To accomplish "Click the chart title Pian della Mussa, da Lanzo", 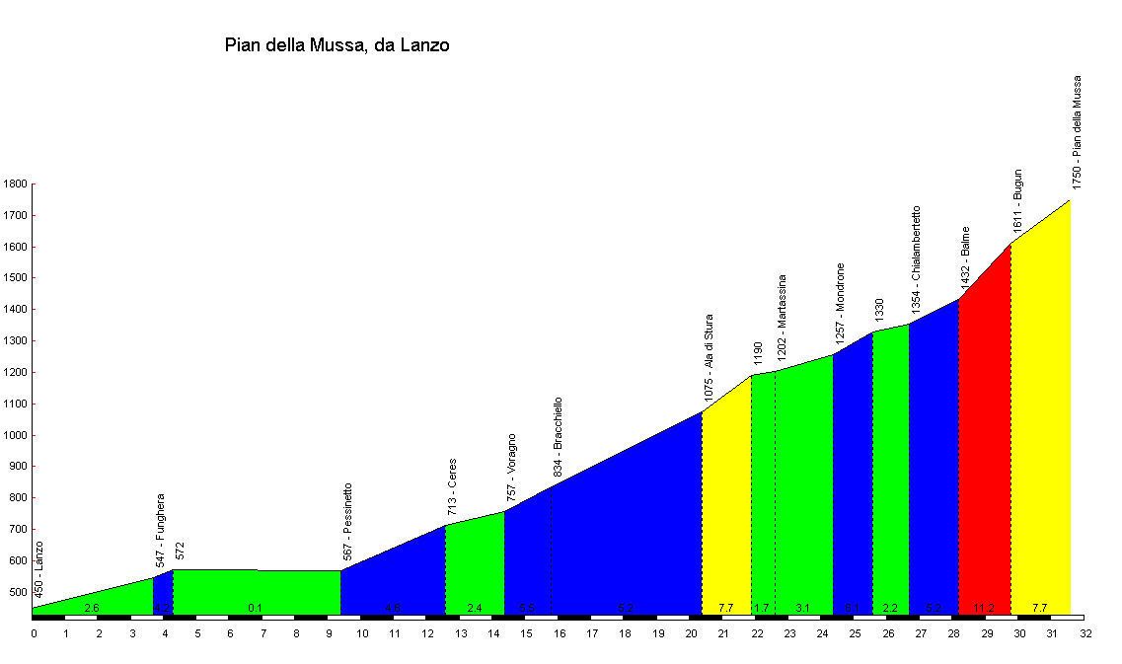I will click(x=337, y=44).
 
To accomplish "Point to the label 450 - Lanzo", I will click(x=39, y=569).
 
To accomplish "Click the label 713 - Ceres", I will click(x=452, y=487).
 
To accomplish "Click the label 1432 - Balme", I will click(x=965, y=259).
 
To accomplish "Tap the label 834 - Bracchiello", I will click(x=558, y=438).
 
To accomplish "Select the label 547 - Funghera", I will click(x=160, y=530).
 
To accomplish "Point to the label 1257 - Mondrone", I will click(x=840, y=302).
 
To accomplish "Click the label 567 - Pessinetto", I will click(x=347, y=522).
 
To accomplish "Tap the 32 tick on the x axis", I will click(x=1085, y=633).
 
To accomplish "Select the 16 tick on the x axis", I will click(x=560, y=633).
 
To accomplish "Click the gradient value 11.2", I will click(x=984, y=608).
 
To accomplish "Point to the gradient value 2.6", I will click(x=92, y=608).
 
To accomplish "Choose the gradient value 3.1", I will click(x=802, y=608).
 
